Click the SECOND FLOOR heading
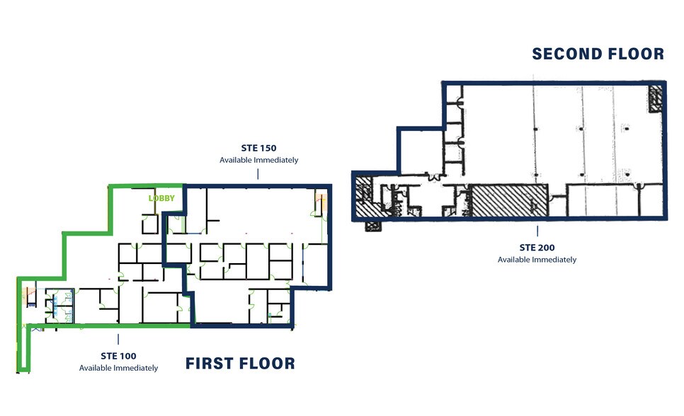point(598,54)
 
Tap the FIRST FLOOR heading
point(240,364)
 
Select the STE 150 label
point(258,148)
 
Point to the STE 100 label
point(118,356)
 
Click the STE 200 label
point(537,248)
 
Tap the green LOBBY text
point(161,199)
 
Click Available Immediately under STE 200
point(537,260)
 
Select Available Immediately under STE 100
point(118,368)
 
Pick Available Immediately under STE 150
point(258,160)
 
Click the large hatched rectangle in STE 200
point(510,200)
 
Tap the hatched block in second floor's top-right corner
point(656,96)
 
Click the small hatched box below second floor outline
point(372,226)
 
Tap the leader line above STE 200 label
point(537,231)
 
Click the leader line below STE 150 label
point(258,174)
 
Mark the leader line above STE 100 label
point(118,339)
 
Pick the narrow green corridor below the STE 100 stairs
point(23,350)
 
